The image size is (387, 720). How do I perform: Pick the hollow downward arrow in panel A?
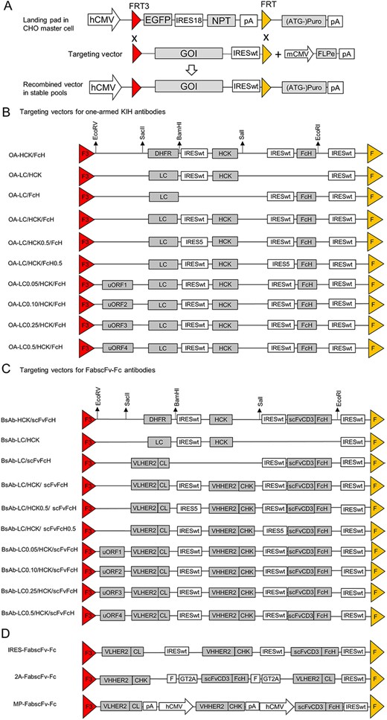pos(191,71)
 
